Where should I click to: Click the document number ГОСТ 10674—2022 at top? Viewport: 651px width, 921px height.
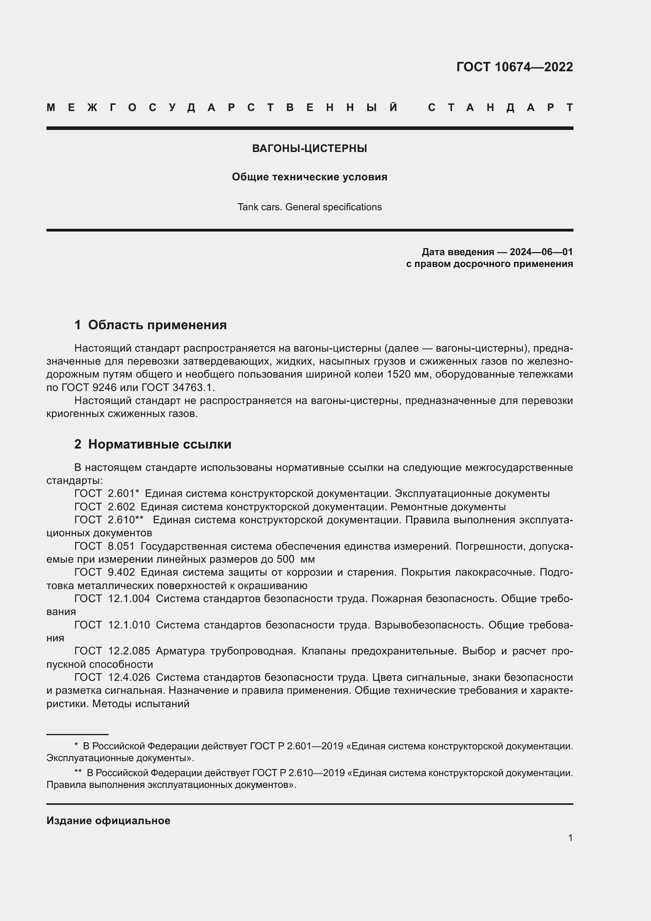[x=514, y=67]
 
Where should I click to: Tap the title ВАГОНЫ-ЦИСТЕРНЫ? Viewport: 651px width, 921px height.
[x=309, y=148]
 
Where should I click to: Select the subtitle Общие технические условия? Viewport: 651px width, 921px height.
[x=309, y=177]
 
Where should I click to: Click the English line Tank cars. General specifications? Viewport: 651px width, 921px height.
[x=309, y=207]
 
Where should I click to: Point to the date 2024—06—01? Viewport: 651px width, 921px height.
[x=541, y=252]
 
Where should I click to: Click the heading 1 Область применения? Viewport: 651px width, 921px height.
[x=151, y=324]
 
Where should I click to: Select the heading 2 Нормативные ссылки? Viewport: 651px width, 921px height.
[x=153, y=444]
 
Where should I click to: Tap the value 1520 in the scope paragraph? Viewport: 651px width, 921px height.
[x=398, y=374]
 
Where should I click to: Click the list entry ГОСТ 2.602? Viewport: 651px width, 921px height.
[x=105, y=507]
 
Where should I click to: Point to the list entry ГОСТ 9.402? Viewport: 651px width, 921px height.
[x=105, y=572]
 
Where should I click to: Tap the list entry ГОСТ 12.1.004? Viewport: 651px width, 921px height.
[x=112, y=599]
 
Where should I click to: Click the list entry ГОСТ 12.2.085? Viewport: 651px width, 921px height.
[x=112, y=650]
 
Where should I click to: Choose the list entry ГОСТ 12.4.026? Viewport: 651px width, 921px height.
[x=112, y=677]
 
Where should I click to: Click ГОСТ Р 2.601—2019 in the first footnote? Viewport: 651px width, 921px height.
[x=297, y=746]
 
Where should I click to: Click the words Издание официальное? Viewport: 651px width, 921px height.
[x=108, y=821]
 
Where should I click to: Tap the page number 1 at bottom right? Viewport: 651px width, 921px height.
[x=570, y=838]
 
